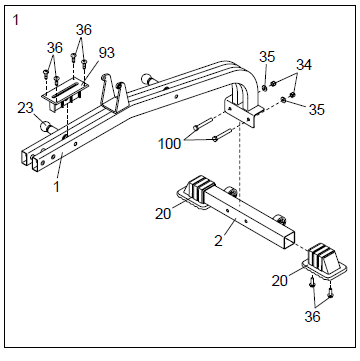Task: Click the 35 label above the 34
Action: (x=266, y=56)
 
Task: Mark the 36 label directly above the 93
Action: (x=84, y=29)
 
